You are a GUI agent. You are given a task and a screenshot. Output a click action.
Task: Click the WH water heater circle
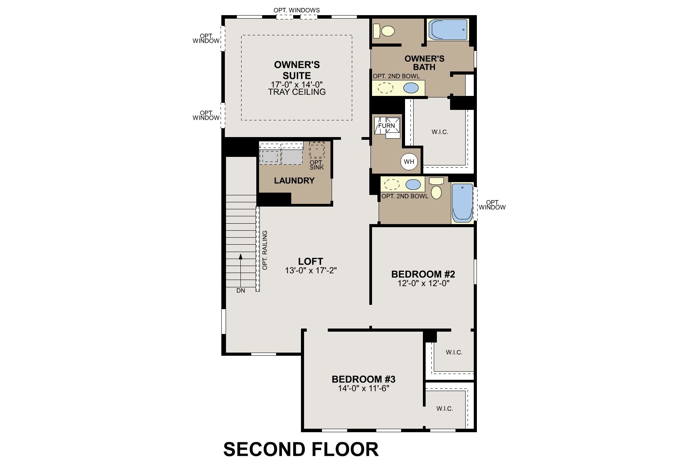click(x=409, y=162)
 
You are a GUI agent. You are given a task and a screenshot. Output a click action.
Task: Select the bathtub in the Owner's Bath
click(x=448, y=30)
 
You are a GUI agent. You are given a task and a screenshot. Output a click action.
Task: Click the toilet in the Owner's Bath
click(x=384, y=30)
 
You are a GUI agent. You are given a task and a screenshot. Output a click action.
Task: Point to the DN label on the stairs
click(x=241, y=290)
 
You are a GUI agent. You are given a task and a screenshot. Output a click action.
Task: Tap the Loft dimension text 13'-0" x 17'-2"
click(x=310, y=271)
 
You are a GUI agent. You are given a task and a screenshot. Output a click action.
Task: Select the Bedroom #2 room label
click(x=423, y=274)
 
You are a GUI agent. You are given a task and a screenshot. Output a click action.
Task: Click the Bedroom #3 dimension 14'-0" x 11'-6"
click(x=363, y=388)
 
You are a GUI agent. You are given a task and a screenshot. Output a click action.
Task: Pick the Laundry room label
click(x=294, y=181)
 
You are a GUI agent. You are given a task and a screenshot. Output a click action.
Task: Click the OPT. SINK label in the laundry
click(x=316, y=165)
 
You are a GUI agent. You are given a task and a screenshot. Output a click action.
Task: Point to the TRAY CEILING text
click(x=297, y=92)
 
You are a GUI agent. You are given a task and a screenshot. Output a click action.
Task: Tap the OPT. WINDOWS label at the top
click(x=297, y=10)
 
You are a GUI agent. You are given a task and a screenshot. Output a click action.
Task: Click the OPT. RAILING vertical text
click(x=265, y=250)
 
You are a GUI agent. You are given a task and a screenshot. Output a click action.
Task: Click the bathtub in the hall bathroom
click(x=462, y=203)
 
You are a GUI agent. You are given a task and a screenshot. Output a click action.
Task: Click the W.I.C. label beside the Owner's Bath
click(x=440, y=132)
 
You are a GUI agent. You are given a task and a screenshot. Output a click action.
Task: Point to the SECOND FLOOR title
click(x=301, y=449)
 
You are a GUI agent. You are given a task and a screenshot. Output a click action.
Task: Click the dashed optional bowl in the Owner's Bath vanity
click(x=386, y=88)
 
